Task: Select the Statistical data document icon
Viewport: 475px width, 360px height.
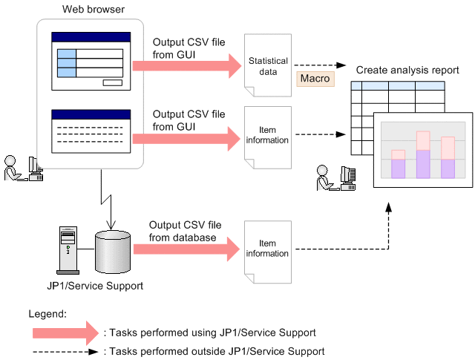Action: (268, 67)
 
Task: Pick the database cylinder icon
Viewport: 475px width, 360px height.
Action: (113, 249)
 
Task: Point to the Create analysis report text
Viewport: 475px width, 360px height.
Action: (407, 70)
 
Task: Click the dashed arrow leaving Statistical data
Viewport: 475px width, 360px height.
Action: (320, 65)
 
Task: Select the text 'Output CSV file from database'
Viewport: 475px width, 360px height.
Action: (183, 231)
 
